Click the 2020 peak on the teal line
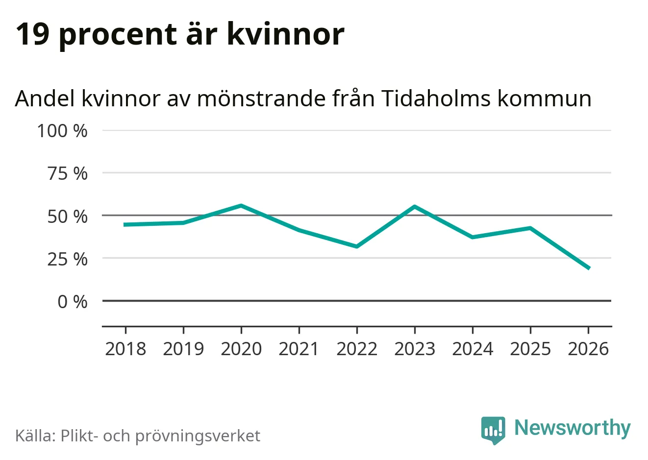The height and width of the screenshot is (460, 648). coord(241,206)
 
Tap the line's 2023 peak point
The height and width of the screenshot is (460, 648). coord(415,207)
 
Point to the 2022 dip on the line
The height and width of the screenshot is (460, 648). coord(357,246)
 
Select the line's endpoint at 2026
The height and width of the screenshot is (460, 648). coord(588,268)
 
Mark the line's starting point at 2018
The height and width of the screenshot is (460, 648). coord(125,224)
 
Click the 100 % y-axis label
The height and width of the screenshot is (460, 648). coord(62,131)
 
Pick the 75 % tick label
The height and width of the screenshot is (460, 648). coord(67,173)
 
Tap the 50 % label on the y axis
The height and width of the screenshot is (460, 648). coord(67,216)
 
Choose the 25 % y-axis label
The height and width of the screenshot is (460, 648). coord(67,259)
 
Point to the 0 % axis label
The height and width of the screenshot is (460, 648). coord(73,301)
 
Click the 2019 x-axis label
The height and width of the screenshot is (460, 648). coord(183,349)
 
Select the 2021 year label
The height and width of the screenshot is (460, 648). coord(299,349)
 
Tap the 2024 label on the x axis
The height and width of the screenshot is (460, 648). coord(473,349)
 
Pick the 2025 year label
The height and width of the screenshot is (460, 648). coord(530,349)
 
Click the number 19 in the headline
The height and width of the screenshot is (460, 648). coord(33,34)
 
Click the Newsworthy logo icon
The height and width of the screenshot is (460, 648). coord(493,430)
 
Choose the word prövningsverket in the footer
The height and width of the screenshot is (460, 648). coord(198,436)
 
